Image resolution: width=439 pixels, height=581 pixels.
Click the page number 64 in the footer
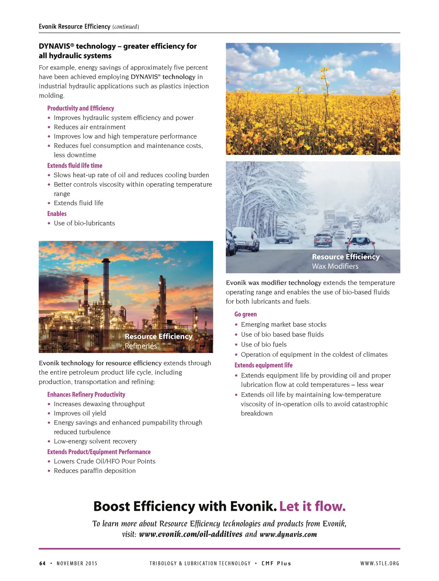[x=42, y=563]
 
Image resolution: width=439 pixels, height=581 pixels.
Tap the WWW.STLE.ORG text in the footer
[x=379, y=563]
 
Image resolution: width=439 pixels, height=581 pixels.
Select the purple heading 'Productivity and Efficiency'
[x=81, y=108]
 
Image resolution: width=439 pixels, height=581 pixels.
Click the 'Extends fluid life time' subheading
[x=75, y=166]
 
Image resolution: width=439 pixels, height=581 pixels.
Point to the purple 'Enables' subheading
[x=57, y=214]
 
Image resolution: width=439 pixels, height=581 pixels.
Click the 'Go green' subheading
[x=246, y=314]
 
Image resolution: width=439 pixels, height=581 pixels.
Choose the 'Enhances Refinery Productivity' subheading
[x=86, y=394]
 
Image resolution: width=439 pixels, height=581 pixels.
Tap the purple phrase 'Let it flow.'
[x=313, y=506]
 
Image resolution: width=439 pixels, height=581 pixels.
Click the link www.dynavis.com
[x=288, y=534]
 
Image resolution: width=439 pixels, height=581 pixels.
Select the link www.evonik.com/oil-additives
[x=191, y=534]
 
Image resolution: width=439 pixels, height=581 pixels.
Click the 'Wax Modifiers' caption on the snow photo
[x=335, y=266]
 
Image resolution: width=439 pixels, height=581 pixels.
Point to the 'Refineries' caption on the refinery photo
[x=141, y=346]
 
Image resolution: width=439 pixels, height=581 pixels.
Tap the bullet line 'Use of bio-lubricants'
[x=84, y=223]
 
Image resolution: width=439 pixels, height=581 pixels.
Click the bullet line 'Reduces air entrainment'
[x=90, y=127]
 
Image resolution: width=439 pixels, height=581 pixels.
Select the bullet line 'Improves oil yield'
[x=80, y=413]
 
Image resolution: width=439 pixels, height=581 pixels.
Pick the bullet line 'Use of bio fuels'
[x=264, y=344]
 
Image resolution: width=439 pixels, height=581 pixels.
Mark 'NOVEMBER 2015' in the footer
[x=77, y=563]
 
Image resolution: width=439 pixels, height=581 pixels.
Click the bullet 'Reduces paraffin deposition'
[x=95, y=471]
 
